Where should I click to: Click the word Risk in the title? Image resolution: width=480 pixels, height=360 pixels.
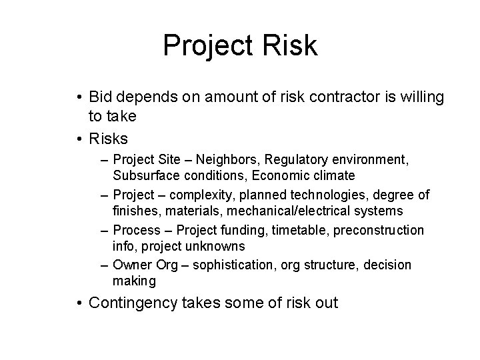[288, 46]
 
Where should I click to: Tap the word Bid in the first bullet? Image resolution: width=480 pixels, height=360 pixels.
[101, 97]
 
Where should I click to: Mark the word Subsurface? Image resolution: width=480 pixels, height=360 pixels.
[143, 175]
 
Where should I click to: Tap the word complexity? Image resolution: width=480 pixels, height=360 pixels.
[197, 195]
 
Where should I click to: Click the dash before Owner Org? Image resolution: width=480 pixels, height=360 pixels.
[105, 265]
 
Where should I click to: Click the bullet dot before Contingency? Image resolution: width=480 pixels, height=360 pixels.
[79, 303]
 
